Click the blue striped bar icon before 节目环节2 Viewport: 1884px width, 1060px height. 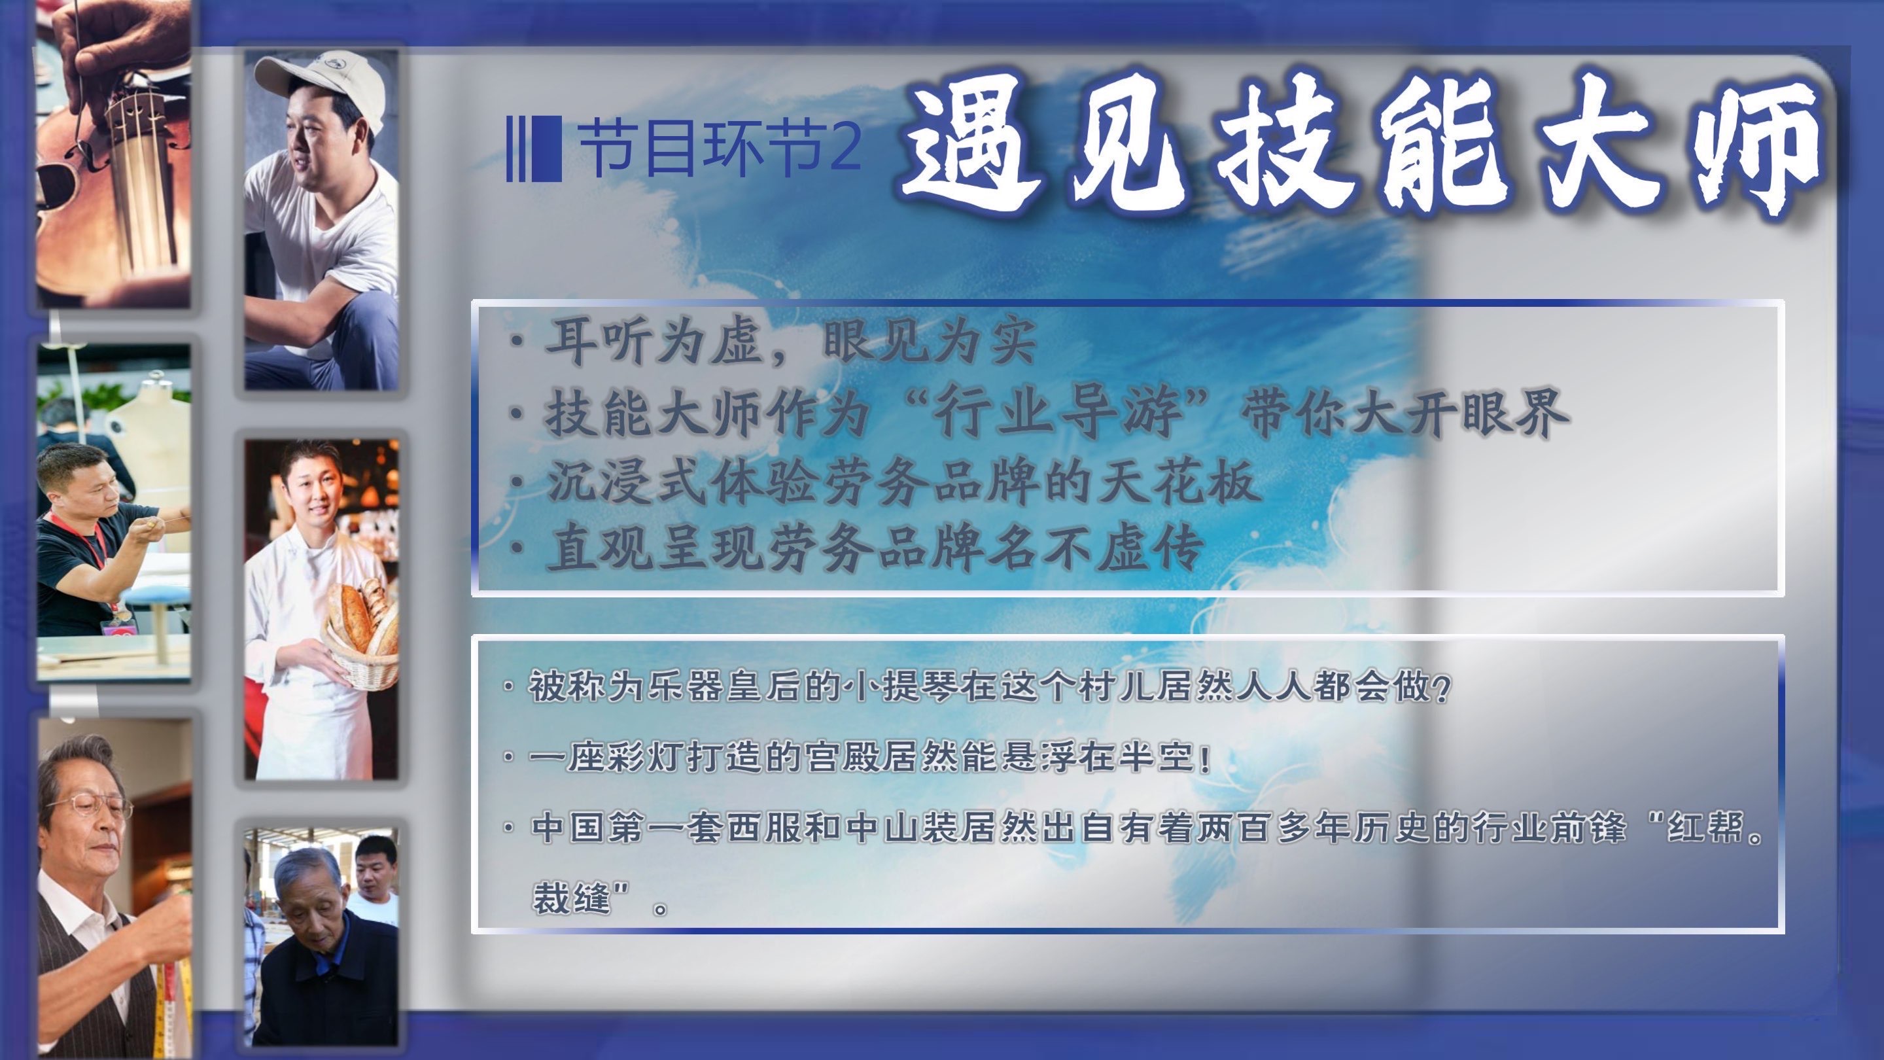point(534,149)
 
